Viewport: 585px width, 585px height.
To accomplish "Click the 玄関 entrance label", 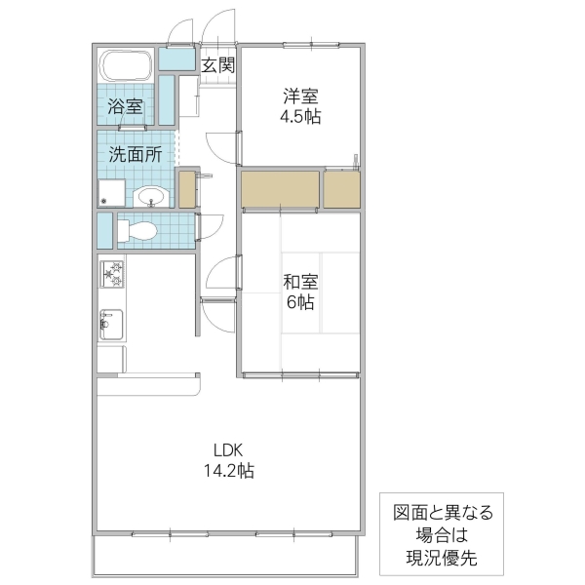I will point(218,66).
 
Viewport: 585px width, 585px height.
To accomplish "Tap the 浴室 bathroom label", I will point(125,106).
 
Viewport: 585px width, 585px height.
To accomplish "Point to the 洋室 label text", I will point(301,97).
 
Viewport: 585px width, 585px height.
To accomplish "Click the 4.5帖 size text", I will point(301,116).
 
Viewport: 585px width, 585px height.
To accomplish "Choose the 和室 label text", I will point(299,282).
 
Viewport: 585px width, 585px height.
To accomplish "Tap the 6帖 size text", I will point(299,302).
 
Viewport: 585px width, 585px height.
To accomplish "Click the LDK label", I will point(228,449).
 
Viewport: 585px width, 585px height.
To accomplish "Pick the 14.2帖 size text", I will point(228,470).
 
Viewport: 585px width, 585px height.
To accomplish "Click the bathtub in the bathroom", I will point(127,67).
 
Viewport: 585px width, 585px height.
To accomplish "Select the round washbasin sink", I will point(151,198).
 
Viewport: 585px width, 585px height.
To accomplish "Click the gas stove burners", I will point(111,275).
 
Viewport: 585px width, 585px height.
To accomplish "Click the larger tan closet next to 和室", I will point(280,190).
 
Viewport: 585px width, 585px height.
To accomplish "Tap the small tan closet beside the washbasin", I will point(187,189).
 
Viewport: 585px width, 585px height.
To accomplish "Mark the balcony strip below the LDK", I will point(224,557).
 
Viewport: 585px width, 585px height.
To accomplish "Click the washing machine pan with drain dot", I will point(111,193).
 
